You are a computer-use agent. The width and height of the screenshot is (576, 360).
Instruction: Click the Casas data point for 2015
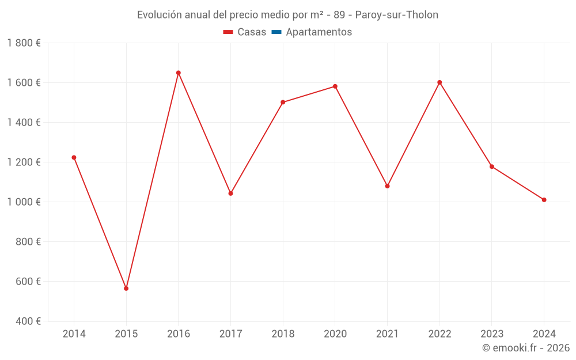[126, 288]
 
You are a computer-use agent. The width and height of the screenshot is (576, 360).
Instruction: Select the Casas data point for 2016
[179, 73]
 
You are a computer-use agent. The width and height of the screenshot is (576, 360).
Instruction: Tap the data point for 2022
[439, 82]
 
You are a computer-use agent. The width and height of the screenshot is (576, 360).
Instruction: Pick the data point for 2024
[544, 200]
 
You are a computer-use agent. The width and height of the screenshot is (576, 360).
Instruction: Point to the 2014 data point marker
[74, 157]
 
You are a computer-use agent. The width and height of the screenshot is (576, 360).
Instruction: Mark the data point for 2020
[335, 86]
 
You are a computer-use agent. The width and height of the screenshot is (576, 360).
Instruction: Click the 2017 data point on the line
[230, 194]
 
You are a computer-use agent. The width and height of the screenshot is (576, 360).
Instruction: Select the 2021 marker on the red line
[387, 186]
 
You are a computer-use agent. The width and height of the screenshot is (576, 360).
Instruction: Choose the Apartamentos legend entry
[319, 32]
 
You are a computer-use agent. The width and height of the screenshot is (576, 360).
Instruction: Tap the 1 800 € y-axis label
[24, 43]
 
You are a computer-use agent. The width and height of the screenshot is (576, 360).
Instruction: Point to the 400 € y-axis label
[28, 321]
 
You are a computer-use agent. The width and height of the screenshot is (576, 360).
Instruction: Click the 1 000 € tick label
[24, 202]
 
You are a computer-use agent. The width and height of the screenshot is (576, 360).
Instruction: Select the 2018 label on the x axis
[283, 334]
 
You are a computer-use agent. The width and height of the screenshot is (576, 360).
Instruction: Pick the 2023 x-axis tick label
[492, 334]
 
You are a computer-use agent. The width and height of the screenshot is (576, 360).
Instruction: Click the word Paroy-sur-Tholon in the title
[396, 15]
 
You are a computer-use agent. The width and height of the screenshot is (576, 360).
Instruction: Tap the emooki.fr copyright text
[526, 348]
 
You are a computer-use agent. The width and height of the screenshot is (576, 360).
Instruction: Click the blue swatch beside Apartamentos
[276, 32]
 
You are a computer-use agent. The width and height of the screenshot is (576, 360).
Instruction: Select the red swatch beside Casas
[228, 32]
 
